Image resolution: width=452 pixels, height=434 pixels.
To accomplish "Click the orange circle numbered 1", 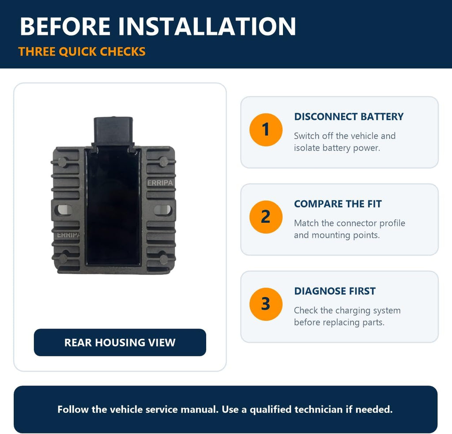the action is coord(266,130).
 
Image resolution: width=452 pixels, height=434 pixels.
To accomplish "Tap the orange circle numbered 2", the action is coord(266,217).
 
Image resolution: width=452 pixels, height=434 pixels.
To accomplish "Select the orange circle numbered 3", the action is coord(266,304).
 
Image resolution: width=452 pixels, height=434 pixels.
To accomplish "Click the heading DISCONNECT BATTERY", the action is coord(349,117).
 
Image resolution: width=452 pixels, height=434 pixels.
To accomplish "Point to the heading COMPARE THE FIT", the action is coord(338,204).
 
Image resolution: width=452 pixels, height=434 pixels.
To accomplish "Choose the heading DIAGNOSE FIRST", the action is coord(335,291).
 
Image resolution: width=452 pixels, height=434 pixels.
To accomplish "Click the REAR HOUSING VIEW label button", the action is coord(120,342).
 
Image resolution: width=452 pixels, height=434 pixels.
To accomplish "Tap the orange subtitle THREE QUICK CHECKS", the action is coord(82,52).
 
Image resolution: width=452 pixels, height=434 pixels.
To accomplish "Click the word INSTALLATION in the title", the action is coord(207,26).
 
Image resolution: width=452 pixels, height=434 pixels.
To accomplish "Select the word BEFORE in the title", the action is coord(65,26).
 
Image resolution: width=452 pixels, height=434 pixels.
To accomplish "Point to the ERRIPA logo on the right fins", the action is coord(160,183).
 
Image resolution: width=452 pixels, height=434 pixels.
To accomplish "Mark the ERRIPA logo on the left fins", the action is coord(68,235).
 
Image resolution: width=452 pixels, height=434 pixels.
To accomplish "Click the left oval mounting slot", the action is coord(63,210).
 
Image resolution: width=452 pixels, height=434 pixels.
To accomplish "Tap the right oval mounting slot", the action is coord(163,210).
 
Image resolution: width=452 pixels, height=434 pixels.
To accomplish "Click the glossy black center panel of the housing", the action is coord(113,206).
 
